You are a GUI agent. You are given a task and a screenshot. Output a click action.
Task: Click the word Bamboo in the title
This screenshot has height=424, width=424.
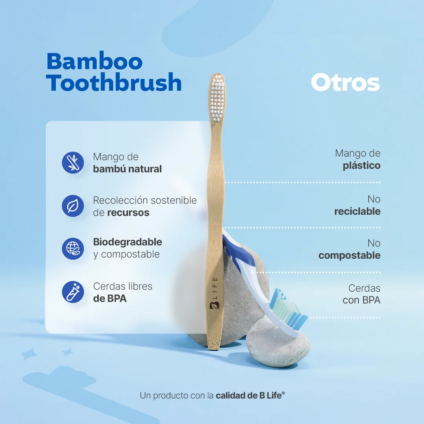click(94, 61)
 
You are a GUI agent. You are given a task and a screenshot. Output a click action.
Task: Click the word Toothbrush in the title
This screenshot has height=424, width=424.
click(114, 83)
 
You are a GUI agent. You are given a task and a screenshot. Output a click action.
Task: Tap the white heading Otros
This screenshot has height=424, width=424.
click(345, 83)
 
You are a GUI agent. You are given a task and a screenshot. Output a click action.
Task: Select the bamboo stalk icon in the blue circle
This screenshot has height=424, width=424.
click(73, 163)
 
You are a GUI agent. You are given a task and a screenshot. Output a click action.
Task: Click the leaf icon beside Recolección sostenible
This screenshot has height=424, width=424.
click(73, 206)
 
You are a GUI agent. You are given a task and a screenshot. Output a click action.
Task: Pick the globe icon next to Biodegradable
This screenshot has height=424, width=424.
click(73, 249)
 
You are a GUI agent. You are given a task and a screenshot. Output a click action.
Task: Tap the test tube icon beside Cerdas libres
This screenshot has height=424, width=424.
click(73, 292)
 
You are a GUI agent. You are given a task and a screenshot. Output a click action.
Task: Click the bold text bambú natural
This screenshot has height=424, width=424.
click(127, 169)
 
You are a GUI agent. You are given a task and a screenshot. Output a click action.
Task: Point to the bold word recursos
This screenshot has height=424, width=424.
click(128, 213)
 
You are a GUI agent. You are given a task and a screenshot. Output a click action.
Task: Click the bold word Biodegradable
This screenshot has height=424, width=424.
click(128, 242)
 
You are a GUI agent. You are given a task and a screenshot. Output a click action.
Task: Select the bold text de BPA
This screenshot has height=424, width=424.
click(110, 298)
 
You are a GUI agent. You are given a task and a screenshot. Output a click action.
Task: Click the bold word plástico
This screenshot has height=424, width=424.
click(362, 165)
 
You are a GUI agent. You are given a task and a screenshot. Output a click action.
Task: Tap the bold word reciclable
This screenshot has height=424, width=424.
click(357, 211)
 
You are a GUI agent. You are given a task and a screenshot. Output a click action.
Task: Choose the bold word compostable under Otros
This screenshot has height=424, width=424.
click(349, 256)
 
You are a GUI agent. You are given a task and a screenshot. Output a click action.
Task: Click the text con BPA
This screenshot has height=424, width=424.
click(362, 300)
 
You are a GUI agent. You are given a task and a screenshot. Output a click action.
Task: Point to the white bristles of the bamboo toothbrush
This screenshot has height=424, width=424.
click(217, 97)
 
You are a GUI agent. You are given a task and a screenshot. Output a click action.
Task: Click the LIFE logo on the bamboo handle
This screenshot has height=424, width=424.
click(214, 293)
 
